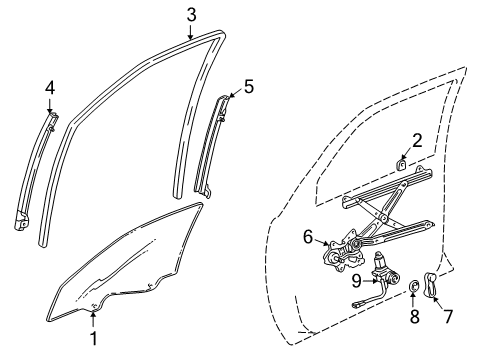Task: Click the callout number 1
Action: [x=93, y=338]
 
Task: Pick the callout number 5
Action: [x=248, y=86]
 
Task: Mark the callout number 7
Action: [x=448, y=316]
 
